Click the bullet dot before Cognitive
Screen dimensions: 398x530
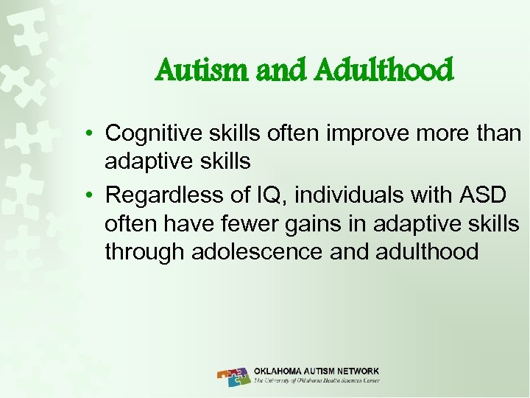(x=88, y=134)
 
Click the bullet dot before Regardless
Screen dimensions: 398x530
(x=88, y=196)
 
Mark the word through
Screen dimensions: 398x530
(x=144, y=252)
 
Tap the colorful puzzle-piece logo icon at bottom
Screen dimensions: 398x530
(x=233, y=376)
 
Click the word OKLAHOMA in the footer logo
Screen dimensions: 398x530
(x=280, y=371)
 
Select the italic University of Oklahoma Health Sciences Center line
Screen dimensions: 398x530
(x=317, y=381)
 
